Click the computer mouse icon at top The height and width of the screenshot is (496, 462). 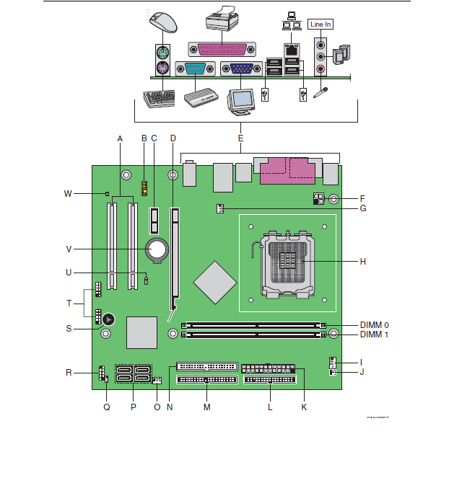(x=164, y=21)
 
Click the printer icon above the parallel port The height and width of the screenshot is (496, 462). (x=222, y=19)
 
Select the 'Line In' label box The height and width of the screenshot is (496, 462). (x=321, y=24)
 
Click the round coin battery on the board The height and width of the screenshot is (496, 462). (x=157, y=249)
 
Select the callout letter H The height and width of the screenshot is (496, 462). (x=362, y=261)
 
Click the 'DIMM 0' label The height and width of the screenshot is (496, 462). (x=374, y=324)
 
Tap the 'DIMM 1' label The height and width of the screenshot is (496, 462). (x=374, y=335)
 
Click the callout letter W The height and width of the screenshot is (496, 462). (x=68, y=193)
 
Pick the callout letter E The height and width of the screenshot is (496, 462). (x=240, y=138)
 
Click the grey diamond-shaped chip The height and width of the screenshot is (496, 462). (x=214, y=281)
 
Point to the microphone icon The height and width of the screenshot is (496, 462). (x=321, y=94)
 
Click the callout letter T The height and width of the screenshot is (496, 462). (x=69, y=304)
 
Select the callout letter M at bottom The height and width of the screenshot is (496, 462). (x=206, y=407)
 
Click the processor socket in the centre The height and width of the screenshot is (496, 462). (x=288, y=263)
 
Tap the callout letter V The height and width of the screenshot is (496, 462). (x=69, y=249)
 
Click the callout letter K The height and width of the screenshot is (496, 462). (x=304, y=407)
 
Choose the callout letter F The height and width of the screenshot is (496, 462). (x=362, y=198)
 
